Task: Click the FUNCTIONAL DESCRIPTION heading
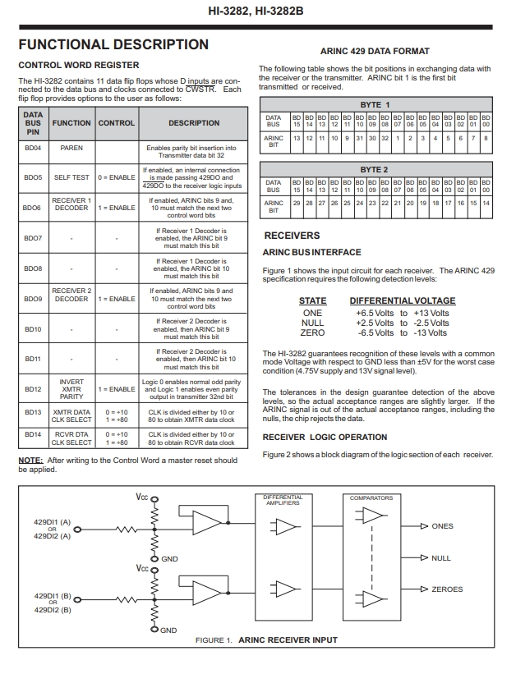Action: point(113,45)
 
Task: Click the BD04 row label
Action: point(33,148)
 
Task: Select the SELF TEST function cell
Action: point(71,177)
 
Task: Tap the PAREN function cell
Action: point(71,148)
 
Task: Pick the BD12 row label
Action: point(33,389)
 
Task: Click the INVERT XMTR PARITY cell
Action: point(71,389)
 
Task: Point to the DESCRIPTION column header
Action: point(194,123)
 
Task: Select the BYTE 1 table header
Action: point(375,105)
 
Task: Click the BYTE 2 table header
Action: point(375,169)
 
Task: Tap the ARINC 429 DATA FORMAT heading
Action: point(375,51)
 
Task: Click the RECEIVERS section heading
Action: point(292,236)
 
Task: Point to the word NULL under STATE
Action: point(312,323)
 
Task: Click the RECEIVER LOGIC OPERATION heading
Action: point(325,437)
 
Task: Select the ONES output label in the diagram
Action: point(442,526)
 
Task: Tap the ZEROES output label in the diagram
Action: point(447,589)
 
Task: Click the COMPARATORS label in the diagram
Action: point(371,497)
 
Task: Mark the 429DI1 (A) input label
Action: point(52,521)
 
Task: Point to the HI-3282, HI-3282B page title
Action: point(257,12)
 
